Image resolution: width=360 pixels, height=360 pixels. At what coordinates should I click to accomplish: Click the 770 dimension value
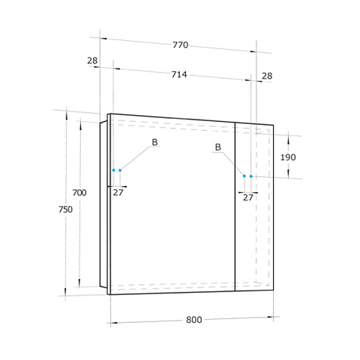180,45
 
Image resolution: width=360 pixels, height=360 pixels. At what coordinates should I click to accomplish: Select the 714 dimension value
179,74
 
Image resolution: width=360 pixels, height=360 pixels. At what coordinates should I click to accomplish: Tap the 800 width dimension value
194,320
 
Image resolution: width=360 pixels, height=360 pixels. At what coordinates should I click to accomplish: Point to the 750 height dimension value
65,209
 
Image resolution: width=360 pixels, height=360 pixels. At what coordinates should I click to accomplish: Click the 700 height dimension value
79,193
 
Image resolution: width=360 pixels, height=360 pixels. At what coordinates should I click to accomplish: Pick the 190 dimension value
288,157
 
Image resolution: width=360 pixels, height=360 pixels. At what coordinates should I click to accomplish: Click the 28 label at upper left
92,61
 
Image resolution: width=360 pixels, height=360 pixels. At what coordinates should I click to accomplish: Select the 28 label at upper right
267,76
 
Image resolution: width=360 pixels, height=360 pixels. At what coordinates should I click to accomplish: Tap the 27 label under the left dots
118,192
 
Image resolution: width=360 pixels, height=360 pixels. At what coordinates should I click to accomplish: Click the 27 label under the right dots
248,197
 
